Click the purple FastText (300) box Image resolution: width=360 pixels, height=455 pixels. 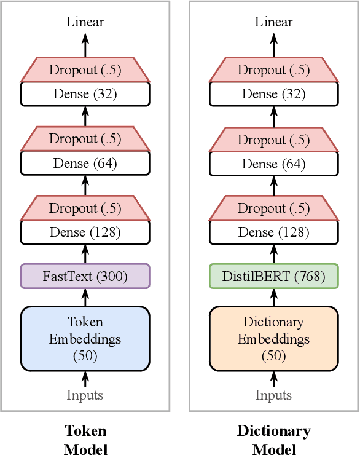pyautogui.click(x=85, y=276)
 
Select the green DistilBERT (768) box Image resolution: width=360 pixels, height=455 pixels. pyautogui.click(x=274, y=276)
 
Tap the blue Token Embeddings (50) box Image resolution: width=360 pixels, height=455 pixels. pyautogui.click(x=85, y=339)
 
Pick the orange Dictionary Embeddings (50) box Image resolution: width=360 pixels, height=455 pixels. pyautogui.click(x=274, y=339)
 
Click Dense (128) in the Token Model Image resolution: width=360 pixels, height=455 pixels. pyautogui.click(x=85, y=232)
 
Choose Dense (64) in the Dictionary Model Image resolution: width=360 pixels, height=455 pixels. pyautogui.click(x=274, y=164)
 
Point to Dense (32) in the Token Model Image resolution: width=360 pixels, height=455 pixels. pyautogui.click(x=85, y=94)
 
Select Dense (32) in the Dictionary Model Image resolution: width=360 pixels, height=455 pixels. pyautogui.click(x=274, y=94)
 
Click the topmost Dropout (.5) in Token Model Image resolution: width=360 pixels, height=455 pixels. pyautogui.click(x=85, y=70)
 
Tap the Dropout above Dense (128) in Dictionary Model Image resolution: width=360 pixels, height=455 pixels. pyautogui.click(x=274, y=208)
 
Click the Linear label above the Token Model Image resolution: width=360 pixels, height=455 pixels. pyautogui.click(x=85, y=22)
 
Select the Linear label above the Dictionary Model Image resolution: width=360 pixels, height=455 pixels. pyautogui.click(x=274, y=22)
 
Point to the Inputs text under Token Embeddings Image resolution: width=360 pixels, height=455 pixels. pyautogui.click(x=85, y=395)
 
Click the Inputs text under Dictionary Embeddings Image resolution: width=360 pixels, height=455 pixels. pyautogui.click(x=274, y=395)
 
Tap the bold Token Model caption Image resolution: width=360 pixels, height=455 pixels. pyautogui.click(x=85, y=440)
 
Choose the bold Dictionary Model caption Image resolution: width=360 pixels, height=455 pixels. pyautogui.click(x=274, y=440)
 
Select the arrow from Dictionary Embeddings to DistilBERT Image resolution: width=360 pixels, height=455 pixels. pyautogui.click(x=274, y=298)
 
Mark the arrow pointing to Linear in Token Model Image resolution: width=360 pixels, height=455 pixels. pyautogui.click(x=85, y=44)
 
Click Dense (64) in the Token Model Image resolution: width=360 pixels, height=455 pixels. pyautogui.click(x=85, y=164)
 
